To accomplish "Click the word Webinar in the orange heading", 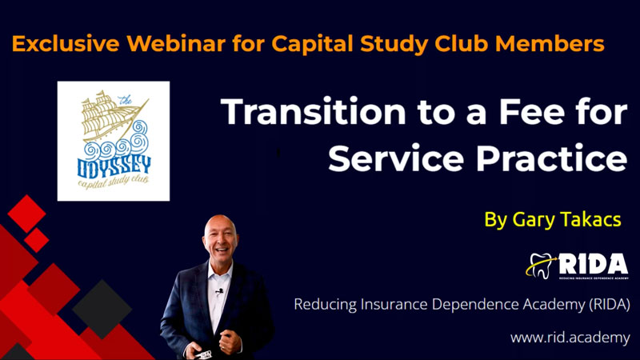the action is tap(176, 44).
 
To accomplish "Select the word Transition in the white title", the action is tap(314, 111).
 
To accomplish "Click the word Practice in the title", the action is tap(551, 158).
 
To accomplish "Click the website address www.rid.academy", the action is tap(570, 338).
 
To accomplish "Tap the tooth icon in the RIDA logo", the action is tap(541, 266).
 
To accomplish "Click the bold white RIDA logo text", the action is tap(594, 264).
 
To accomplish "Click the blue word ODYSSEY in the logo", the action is tap(114, 167).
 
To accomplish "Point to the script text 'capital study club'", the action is tap(113, 182).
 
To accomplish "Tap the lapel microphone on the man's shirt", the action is tap(220, 291).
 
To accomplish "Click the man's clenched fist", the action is tap(230, 342).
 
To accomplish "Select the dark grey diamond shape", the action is tap(102, 309).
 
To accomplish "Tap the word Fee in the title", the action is tap(531, 111).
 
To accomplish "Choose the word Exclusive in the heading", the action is tap(66, 44).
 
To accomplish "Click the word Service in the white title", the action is tap(396, 158).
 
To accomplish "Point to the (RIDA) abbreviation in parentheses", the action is tap(610, 305).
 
